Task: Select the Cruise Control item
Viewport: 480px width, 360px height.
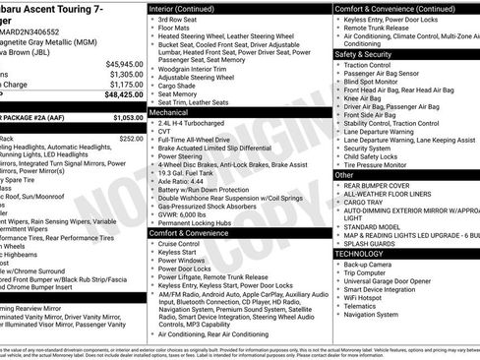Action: tap(179, 243)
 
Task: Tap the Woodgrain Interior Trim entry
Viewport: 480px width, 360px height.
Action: tap(194, 66)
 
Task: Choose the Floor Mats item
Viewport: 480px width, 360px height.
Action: tap(174, 30)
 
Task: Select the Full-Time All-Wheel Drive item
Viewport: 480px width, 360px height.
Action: tap(200, 144)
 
